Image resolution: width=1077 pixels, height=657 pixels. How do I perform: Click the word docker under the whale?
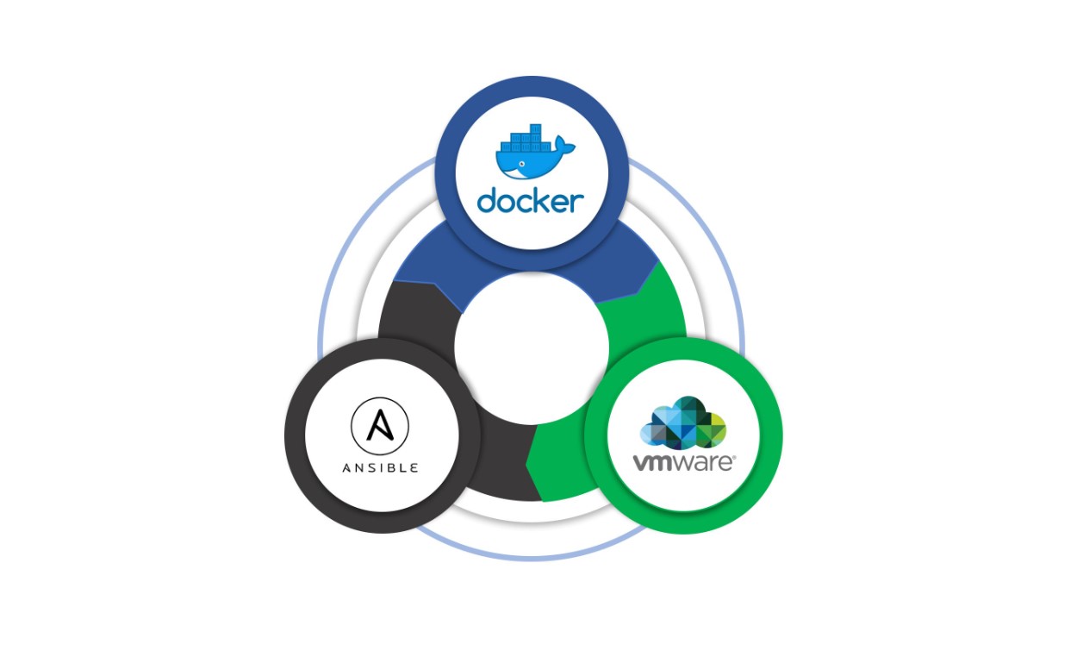530,200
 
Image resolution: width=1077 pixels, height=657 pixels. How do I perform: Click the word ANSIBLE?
380,467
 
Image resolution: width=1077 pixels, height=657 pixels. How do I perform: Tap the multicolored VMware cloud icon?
684,421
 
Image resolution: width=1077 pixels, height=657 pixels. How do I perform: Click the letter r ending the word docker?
578,202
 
